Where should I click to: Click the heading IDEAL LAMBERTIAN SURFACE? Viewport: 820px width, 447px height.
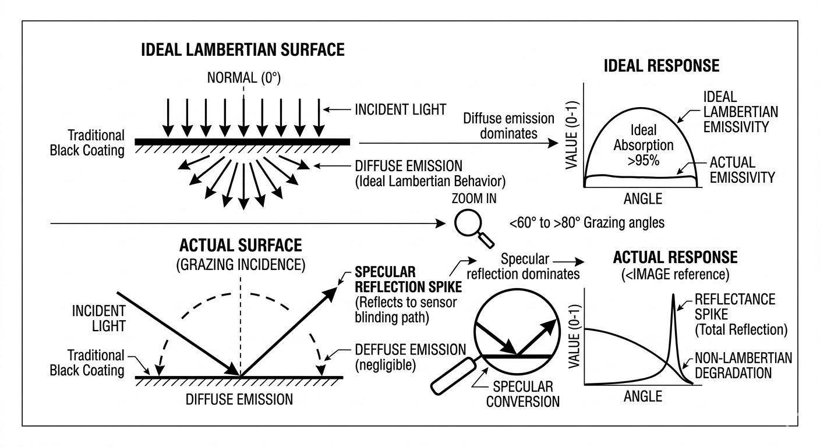click(243, 50)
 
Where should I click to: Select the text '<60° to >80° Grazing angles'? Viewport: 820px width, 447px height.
click(586, 222)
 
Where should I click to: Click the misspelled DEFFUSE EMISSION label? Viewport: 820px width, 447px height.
click(410, 350)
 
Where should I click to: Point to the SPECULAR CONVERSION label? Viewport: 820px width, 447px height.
click(522, 393)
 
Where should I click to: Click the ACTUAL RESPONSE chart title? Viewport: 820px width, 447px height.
click(675, 257)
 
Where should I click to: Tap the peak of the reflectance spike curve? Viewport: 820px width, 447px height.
click(674, 295)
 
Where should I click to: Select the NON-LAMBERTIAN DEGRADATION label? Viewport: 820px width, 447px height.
click(743, 365)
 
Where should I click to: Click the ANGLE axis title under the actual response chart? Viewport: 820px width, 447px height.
click(643, 396)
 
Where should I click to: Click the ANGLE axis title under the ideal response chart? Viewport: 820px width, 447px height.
click(643, 198)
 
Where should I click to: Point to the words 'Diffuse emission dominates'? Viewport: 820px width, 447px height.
click(508, 126)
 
